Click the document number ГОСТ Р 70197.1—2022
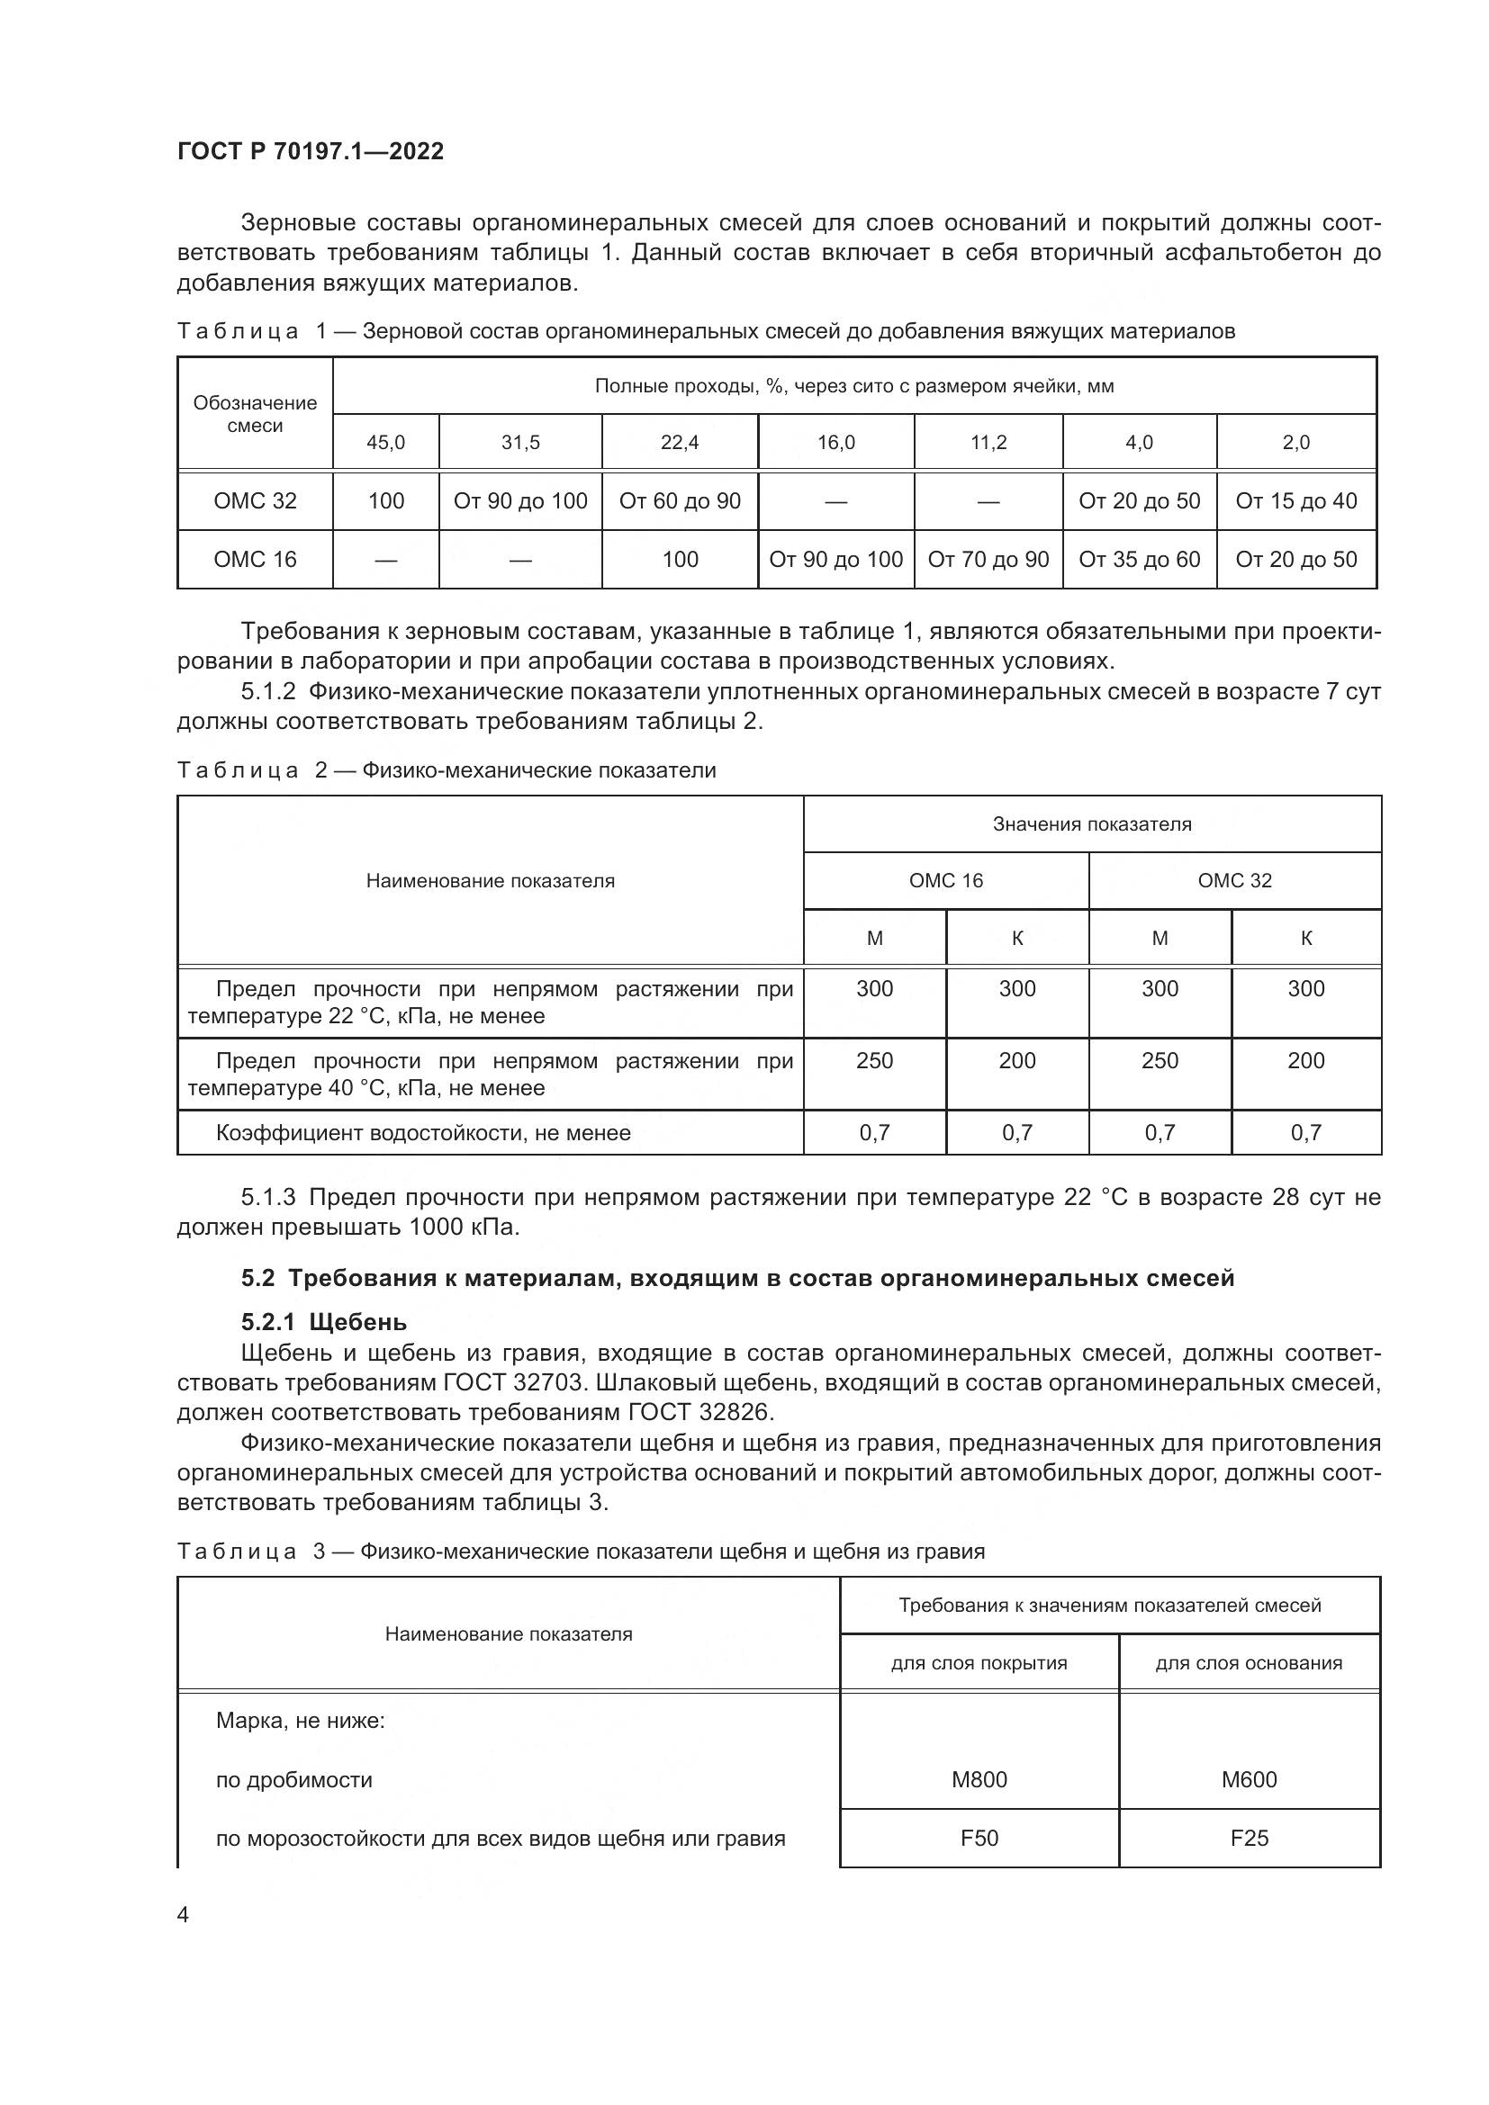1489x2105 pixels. pos(310,151)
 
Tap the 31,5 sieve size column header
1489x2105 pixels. pos(519,443)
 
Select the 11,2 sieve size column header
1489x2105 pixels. pos(988,443)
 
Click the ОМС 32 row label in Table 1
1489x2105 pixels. pos(255,500)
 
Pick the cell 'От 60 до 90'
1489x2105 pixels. pos(680,500)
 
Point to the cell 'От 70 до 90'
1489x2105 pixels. pos(988,559)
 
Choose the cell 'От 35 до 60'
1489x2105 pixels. pos(1139,559)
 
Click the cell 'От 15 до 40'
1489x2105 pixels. pos(1295,500)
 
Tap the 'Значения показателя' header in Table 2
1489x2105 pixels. pos(1092,824)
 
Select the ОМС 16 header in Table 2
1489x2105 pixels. pos(945,881)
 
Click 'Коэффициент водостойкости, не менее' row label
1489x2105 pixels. pos(423,1133)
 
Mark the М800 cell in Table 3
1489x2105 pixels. pos(979,1779)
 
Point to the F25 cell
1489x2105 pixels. pos(1249,1839)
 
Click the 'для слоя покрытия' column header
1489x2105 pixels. pos(979,1663)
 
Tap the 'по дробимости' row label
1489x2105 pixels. pos(293,1779)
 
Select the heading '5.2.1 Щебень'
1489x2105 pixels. pos(324,1322)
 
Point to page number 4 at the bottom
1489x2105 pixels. pos(184,1915)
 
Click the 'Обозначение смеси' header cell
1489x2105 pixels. pos(255,414)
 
